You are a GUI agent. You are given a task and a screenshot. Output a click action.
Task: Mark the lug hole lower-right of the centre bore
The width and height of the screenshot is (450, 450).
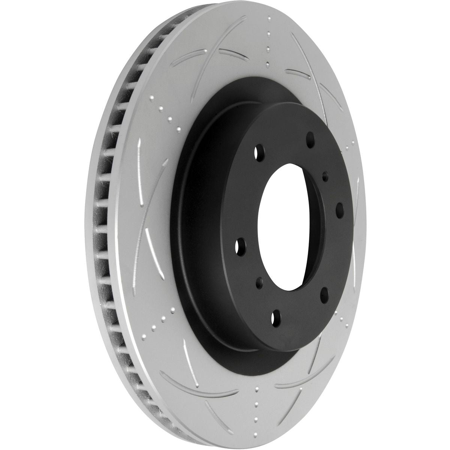pyautogui.click(x=325, y=292)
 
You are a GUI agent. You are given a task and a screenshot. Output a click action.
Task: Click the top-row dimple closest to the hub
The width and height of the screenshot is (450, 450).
pyautogui.click(x=267, y=64)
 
